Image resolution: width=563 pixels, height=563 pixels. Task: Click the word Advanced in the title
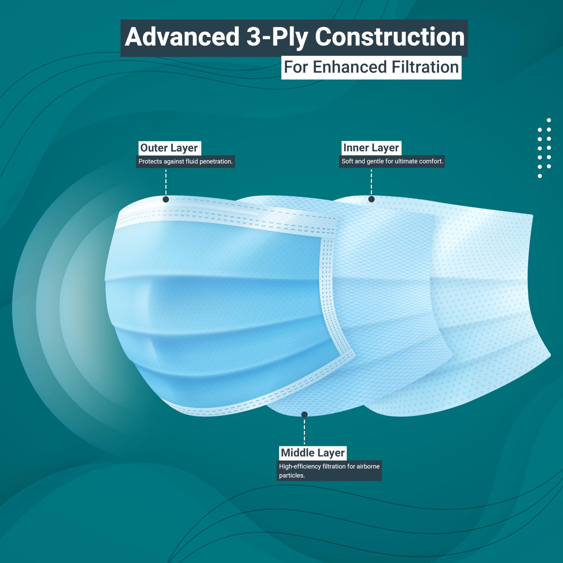[x=182, y=37]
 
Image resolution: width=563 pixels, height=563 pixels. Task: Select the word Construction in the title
[x=390, y=37]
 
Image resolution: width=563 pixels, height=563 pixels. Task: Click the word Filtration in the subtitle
[x=425, y=67]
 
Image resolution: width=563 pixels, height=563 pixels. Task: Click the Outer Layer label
[x=169, y=148]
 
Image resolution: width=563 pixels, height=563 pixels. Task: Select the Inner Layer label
[x=371, y=148]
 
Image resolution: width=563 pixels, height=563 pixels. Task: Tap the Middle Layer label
[x=313, y=453]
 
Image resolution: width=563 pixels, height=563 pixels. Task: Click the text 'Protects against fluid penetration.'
[x=185, y=161]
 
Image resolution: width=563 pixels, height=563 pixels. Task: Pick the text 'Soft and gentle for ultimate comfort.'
[x=392, y=161]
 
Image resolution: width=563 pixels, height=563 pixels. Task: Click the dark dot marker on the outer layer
[x=166, y=199]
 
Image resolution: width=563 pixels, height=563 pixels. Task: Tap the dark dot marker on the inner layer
[x=371, y=199]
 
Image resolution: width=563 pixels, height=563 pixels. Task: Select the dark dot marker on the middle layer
[x=305, y=414]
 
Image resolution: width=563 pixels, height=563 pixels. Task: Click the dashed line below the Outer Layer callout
[x=166, y=182]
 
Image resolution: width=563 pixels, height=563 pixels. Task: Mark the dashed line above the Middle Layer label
[x=305, y=432]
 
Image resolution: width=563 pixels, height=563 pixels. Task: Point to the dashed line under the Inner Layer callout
[x=371, y=182]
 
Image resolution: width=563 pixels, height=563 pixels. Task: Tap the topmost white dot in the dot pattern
[x=549, y=120]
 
